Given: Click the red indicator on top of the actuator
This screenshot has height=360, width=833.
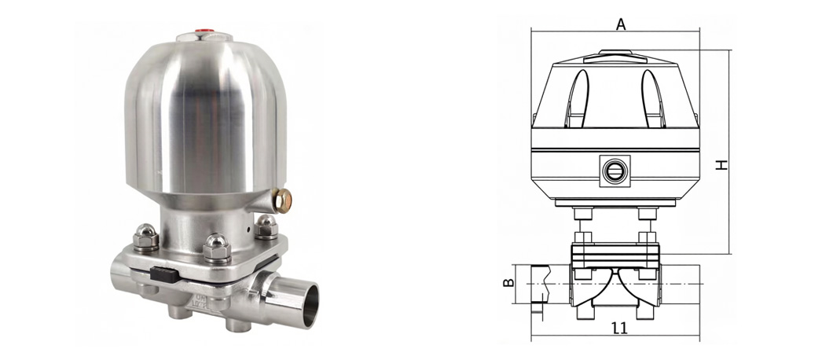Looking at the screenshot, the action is [x=204, y=31].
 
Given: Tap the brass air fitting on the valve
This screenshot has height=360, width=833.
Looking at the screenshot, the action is [x=283, y=200].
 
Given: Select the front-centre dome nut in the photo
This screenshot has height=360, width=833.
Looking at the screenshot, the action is [x=217, y=247].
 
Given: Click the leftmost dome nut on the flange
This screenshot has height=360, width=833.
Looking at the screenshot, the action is [x=146, y=237].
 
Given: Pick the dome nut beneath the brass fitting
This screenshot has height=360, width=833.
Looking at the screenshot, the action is [x=266, y=226].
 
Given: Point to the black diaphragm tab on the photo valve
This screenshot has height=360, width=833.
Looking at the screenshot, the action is [x=163, y=274].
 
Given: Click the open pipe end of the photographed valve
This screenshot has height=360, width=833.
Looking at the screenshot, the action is [x=306, y=304].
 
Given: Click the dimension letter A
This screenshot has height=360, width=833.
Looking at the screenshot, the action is [x=620, y=24].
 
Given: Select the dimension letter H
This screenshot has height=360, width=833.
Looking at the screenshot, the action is [x=721, y=164].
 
